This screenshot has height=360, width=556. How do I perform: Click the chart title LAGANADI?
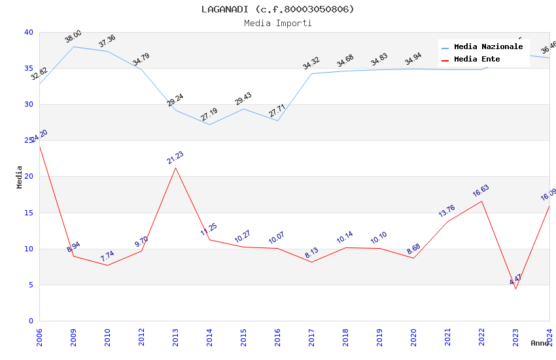[277, 9]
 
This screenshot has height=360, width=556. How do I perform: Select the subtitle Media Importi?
[277, 24]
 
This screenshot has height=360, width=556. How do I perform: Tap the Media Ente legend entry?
[477, 59]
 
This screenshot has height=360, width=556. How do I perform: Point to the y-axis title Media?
[20, 177]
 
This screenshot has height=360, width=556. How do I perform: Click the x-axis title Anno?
[540, 343]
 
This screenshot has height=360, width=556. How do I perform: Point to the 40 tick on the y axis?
[28, 32]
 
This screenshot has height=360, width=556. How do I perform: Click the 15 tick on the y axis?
[28, 213]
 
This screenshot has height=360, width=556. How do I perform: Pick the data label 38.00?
[73, 37]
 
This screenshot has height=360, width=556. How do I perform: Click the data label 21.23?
[175, 158]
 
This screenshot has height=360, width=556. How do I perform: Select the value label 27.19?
[209, 115]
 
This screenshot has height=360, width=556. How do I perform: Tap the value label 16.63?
[481, 191]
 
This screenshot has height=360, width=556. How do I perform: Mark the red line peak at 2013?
[175, 168]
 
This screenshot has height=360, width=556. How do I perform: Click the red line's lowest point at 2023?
[515, 289]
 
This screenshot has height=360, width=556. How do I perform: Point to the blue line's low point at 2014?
[209, 124]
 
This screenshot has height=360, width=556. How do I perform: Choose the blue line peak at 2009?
[73, 46]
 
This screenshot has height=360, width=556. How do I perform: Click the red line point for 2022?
[481, 201]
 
